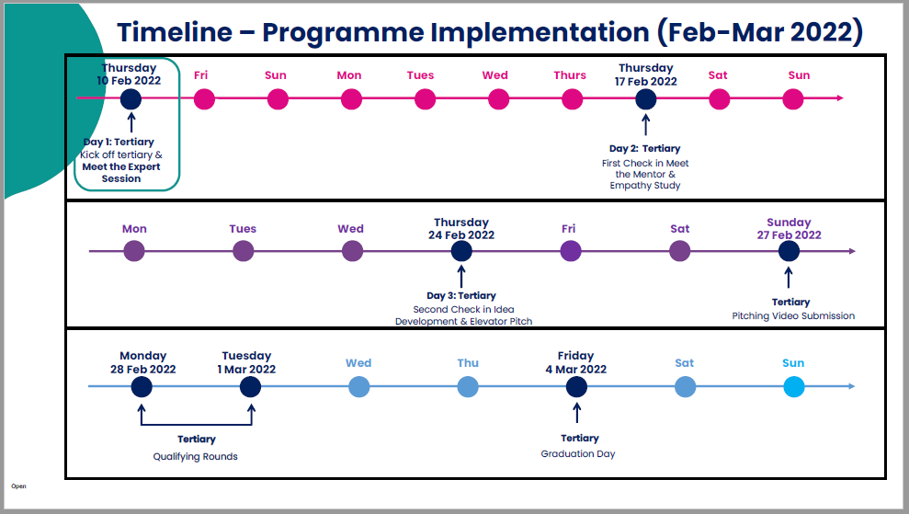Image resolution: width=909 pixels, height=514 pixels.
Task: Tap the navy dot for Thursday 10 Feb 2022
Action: (131, 98)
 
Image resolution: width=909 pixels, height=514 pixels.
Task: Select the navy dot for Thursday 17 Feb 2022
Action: (645, 98)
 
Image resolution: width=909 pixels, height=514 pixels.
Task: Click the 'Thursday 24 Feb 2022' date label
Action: (461, 228)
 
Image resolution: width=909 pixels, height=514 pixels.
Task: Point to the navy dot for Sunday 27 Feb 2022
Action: (789, 251)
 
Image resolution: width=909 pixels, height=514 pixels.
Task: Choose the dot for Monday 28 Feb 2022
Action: (142, 387)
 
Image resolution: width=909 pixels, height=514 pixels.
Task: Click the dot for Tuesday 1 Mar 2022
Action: (250, 387)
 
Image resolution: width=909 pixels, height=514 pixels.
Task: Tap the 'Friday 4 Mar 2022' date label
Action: (575, 362)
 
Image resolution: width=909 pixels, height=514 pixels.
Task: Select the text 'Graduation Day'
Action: (578, 453)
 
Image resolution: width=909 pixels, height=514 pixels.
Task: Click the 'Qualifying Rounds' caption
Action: (195, 456)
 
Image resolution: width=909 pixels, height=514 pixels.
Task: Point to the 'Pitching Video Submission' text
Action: (793, 315)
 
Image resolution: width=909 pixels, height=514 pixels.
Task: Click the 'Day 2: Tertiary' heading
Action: (644, 148)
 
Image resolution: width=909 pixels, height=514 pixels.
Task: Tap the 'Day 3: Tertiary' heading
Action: (463, 295)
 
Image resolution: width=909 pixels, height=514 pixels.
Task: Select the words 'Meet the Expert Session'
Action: (121, 173)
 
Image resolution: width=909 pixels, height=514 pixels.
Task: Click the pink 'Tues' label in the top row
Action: (420, 75)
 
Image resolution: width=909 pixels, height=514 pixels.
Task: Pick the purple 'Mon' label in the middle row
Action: (134, 229)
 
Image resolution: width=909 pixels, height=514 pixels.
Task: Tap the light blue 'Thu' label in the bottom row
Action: (468, 363)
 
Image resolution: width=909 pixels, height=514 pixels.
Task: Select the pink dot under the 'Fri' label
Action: (204, 98)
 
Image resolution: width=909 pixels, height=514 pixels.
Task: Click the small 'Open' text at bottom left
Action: (18, 485)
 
